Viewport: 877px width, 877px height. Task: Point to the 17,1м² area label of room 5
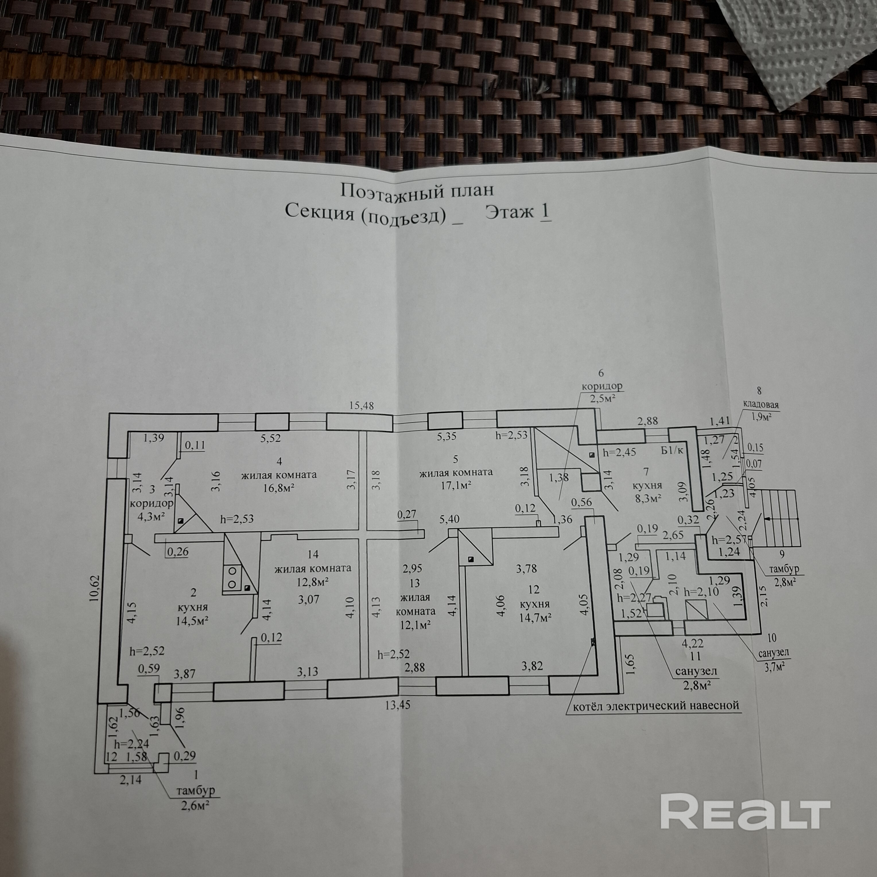(x=455, y=486)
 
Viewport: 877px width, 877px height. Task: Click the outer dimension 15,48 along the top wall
(x=361, y=405)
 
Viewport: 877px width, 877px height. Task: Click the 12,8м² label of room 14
(x=312, y=581)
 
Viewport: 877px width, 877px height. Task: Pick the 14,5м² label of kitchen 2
(x=192, y=620)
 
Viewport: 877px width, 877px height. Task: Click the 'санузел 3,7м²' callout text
(x=773, y=659)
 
